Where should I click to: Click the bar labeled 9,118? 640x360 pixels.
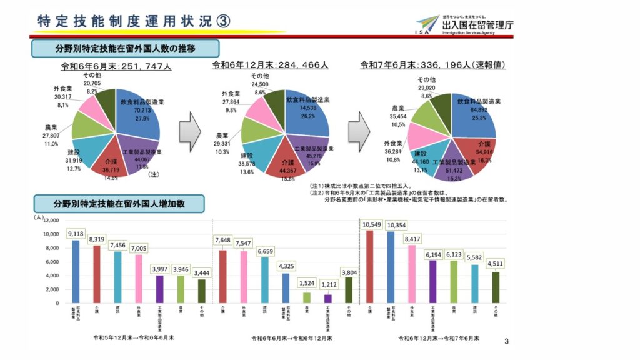tap(76, 271)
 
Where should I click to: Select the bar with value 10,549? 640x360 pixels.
tap(370, 266)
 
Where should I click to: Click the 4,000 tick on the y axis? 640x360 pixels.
tap(51, 276)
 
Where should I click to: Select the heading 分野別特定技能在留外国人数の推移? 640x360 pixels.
tap(125, 48)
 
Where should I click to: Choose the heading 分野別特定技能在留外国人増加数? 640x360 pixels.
tap(119, 204)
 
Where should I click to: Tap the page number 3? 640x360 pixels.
tap(506, 341)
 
